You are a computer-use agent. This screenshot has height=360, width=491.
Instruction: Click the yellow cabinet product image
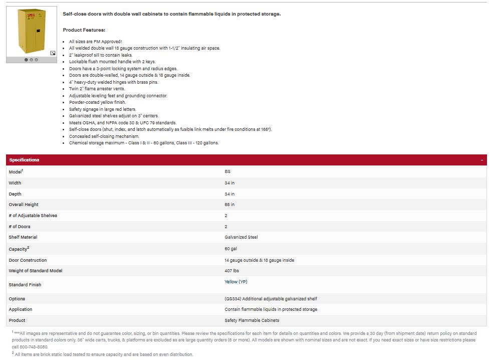31,31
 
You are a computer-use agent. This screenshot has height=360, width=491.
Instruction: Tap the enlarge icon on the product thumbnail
53,53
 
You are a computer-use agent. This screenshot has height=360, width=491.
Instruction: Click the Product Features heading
84,30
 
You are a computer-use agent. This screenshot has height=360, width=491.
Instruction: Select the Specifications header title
24,160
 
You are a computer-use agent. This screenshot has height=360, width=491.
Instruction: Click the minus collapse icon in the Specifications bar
481,160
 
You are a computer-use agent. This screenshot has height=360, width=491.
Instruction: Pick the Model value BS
227,171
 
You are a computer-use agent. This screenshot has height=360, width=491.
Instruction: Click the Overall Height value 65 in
229,205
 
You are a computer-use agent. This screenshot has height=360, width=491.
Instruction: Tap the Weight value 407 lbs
231,271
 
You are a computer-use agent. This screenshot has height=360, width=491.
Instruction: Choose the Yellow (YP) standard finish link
235,282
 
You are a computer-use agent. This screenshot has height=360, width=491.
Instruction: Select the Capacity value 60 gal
231,249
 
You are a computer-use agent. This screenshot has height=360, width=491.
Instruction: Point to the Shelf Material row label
23,237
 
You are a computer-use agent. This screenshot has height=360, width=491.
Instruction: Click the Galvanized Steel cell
241,237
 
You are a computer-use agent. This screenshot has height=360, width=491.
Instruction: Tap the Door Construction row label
28,260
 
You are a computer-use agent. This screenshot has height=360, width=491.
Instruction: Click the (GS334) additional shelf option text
271,299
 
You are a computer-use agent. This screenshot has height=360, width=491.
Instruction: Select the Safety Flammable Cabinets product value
252,320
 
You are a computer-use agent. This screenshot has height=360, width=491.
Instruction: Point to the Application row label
21,309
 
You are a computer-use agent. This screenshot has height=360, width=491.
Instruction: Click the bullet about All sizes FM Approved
95,42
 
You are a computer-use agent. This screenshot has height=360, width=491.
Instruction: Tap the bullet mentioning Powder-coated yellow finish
97,102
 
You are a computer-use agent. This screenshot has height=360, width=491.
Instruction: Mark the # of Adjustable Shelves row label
33,216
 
